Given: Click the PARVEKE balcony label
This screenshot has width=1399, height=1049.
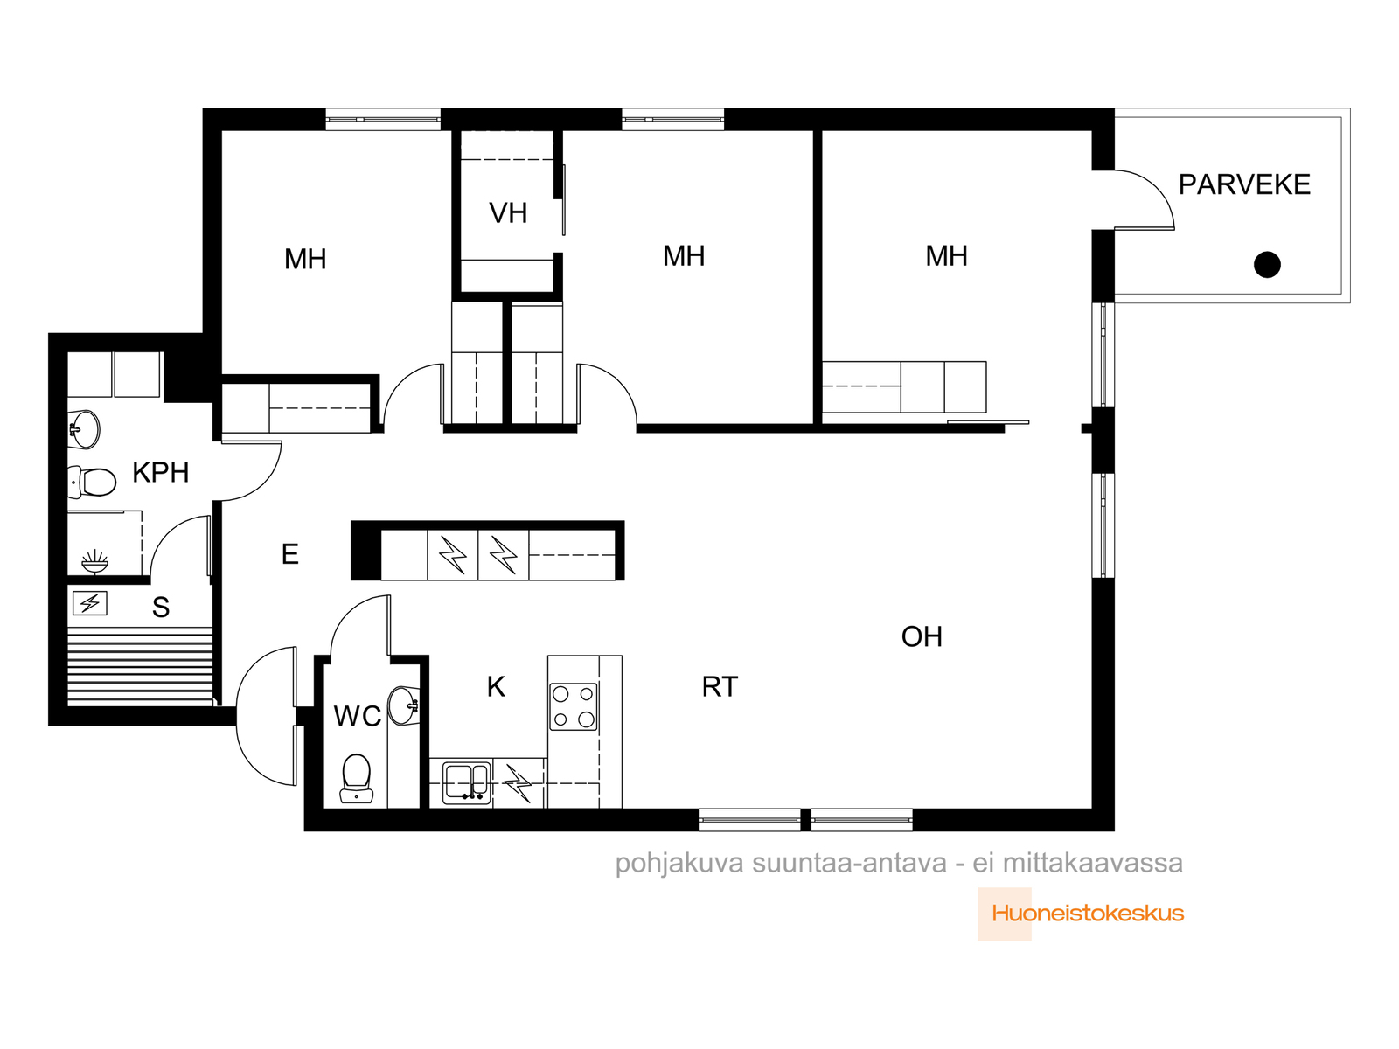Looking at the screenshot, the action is coord(1243,184).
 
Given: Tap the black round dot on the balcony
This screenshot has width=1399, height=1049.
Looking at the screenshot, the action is coord(1266,264).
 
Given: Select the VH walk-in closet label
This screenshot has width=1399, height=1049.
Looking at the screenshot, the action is coord(508,213).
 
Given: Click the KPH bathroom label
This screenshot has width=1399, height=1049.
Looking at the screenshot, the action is coord(161,473).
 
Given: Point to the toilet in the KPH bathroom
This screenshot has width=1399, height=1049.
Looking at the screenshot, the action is coord(92,482).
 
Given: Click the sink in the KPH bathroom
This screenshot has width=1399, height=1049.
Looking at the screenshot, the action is coord(83,428).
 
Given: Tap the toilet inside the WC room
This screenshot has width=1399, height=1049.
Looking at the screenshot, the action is coord(356,778).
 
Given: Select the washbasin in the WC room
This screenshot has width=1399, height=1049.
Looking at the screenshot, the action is coord(404,705).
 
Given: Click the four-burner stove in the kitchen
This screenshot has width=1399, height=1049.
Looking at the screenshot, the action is coord(573,706).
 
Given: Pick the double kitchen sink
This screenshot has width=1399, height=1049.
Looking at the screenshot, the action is coord(467,782).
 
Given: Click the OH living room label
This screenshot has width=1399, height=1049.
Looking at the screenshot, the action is coord(922,636).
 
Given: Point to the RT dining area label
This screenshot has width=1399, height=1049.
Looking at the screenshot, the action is coord(720,686).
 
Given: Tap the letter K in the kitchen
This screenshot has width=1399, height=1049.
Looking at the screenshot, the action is coord(496,686).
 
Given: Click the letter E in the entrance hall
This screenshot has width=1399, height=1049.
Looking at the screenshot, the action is coord(290,554).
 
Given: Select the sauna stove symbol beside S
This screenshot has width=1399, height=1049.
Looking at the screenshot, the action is coord(90,603).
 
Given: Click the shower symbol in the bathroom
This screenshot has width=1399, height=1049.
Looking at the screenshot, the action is coord(95,561).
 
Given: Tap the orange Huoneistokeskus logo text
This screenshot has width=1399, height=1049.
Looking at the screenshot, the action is coord(1088,914).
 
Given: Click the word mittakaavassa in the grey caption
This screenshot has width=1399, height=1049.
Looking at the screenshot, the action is coord(1092,863).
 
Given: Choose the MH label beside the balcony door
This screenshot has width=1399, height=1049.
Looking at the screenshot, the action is coord(946,256).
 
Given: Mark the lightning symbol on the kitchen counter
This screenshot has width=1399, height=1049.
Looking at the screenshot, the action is coord(519,782).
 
